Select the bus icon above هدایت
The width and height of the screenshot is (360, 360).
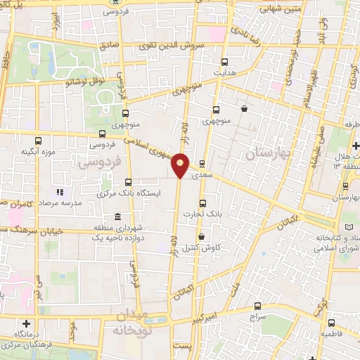point(224,62)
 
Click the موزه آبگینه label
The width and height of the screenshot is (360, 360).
point(37,151)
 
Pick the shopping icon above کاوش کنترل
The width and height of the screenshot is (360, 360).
point(202,236)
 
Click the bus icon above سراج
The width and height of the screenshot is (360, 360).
point(257,305)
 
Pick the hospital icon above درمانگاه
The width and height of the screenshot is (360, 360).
point(26,323)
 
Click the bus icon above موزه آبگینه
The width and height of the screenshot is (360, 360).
point(37,140)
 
